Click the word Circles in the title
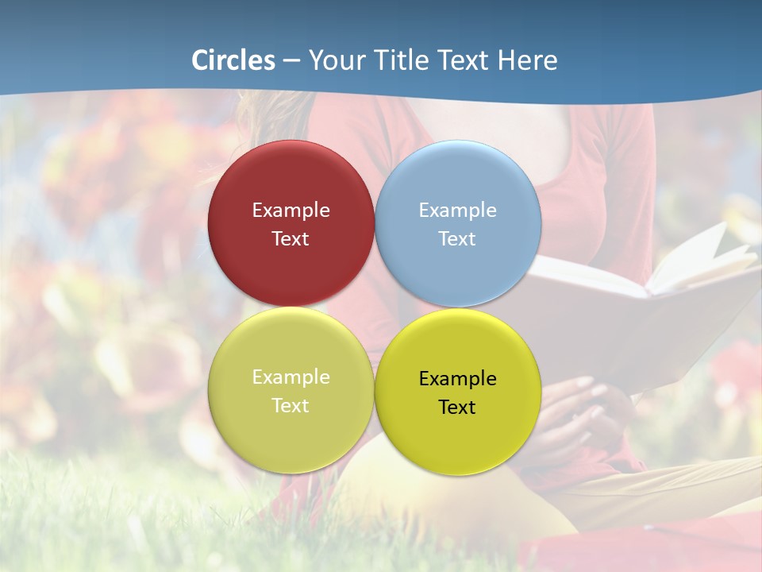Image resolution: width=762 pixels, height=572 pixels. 233,60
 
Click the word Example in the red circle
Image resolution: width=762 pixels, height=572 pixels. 291,211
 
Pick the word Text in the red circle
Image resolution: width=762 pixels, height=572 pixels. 291,239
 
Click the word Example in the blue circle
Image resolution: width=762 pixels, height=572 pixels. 457,211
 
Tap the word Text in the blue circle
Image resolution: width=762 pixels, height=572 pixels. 457,239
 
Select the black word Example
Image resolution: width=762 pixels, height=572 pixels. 457,379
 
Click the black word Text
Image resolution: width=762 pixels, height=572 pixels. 457,408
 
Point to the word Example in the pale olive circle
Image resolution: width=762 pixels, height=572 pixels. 291,377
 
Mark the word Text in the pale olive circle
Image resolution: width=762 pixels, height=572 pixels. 291,406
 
